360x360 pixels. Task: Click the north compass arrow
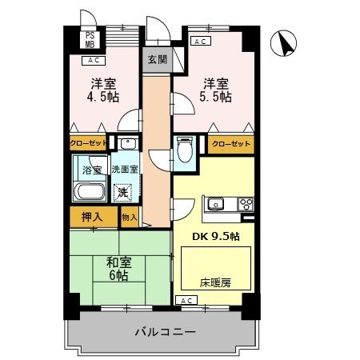pyautogui.click(x=283, y=44)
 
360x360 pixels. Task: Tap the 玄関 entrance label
pyautogui.click(x=156, y=59)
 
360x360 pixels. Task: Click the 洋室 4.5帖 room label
pyautogui.click(x=102, y=90)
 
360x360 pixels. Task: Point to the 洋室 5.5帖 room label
pyautogui.click(x=217, y=90)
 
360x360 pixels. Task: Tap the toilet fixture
pyautogui.click(x=184, y=150)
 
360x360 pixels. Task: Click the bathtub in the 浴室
pyautogui.click(x=88, y=193)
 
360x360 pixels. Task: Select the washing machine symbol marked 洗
pyautogui.click(x=122, y=192)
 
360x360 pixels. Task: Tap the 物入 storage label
pyautogui.click(x=129, y=216)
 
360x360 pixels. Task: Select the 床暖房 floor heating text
pyautogui.click(x=214, y=282)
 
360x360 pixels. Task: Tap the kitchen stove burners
pyautogui.click(x=245, y=202)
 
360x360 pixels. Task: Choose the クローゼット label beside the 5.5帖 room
pyautogui.click(x=230, y=145)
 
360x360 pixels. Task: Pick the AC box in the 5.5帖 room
pyautogui.click(x=201, y=41)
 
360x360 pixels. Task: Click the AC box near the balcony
pyautogui.click(x=186, y=300)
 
